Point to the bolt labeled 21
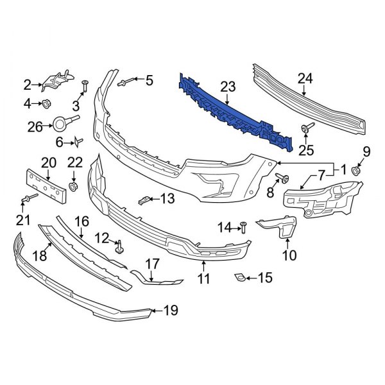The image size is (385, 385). [28, 200]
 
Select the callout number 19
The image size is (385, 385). [169, 311]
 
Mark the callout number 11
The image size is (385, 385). [203, 279]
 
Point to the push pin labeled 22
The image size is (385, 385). [74, 186]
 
